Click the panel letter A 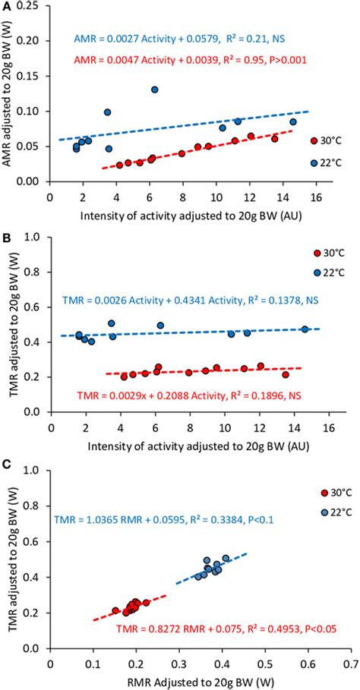click(6, 7)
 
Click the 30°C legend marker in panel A click(314, 140)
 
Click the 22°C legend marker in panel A click(314, 163)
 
